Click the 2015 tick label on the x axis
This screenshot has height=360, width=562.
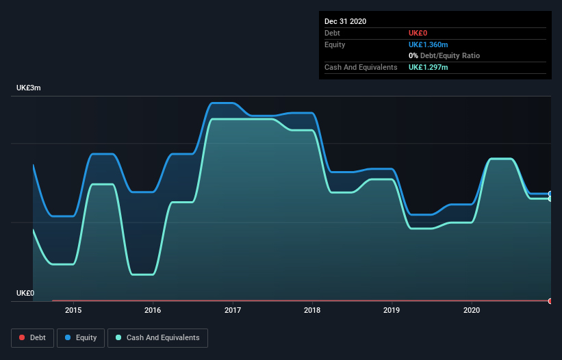(73, 310)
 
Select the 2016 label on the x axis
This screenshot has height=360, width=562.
(153, 310)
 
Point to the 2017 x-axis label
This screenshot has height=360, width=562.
(233, 310)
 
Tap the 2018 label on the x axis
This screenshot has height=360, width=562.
(312, 310)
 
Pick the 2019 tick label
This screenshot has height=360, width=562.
(392, 310)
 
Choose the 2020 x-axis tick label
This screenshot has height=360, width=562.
(472, 310)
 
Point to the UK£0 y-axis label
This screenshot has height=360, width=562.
(25, 293)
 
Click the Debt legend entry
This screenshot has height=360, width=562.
(32, 337)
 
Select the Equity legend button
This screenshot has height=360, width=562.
(81, 337)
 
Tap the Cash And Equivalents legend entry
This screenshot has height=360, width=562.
(157, 337)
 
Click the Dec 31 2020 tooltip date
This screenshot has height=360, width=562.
(345, 21)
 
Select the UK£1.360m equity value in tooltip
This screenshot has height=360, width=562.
(429, 44)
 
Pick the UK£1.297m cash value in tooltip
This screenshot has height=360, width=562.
(429, 67)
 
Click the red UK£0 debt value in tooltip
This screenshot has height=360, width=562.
(418, 33)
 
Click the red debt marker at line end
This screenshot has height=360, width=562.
(550, 301)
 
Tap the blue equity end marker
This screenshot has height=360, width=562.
(550, 194)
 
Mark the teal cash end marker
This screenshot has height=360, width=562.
(550, 198)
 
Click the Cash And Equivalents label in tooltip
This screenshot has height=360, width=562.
(361, 67)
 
